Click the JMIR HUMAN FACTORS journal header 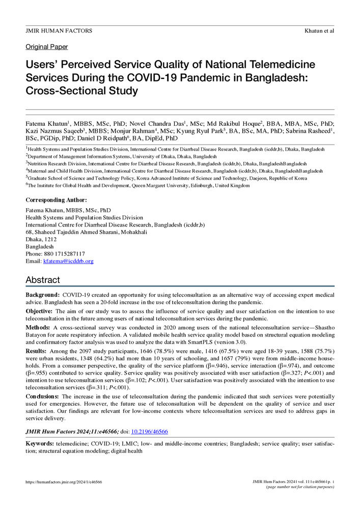click(x=59, y=31)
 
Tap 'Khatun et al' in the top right click(x=319, y=31)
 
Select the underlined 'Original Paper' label click(x=47, y=47)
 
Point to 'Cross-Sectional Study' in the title click(x=82, y=91)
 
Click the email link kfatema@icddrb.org click(x=68, y=261)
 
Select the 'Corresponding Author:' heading click(x=56, y=200)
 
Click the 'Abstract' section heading click(x=43, y=280)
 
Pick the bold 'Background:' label click(x=43, y=295)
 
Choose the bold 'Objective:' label click(x=40, y=310)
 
